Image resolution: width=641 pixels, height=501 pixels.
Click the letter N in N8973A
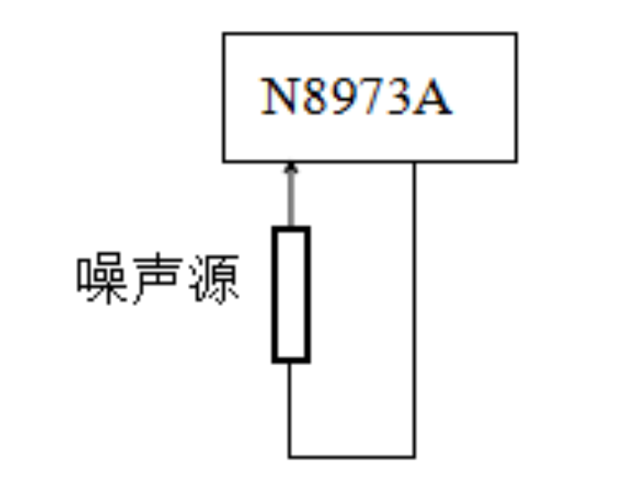280,96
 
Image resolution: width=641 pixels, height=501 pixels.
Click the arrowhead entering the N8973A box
291,168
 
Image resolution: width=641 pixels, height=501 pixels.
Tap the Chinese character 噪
101,278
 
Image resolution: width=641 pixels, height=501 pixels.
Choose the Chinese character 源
214,279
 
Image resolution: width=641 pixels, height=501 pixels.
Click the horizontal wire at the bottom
352,457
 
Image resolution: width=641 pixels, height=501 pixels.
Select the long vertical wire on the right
414,309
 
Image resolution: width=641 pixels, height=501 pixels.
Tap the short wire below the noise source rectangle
290,408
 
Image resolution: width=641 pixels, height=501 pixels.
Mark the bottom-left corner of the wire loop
290,457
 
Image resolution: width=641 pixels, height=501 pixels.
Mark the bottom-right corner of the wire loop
414,457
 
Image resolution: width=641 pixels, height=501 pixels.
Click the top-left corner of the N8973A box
223,34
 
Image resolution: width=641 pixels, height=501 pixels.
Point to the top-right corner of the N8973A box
517,34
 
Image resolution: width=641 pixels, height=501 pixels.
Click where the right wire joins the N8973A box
414,162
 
